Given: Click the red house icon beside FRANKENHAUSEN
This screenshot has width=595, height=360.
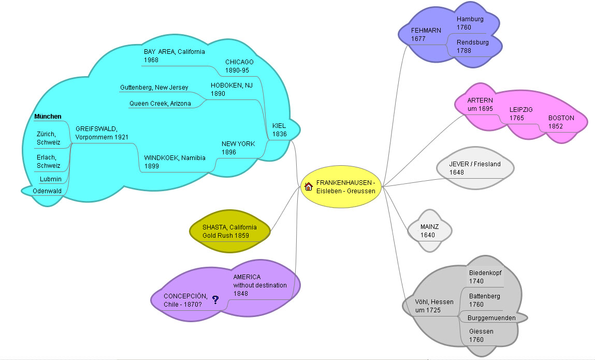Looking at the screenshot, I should (308, 186).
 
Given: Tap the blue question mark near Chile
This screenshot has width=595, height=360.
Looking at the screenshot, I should (215, 299).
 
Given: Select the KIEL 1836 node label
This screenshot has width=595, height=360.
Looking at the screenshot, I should (279, 129).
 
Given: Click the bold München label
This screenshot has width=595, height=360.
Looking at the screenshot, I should (48, 117).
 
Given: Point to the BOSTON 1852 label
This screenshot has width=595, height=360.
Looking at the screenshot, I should (561, 122).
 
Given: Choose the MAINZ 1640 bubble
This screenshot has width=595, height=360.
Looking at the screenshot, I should (429, 231).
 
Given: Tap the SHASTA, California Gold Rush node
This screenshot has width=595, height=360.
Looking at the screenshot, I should (229, 232).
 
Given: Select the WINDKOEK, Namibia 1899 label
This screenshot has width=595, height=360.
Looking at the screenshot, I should (175, 162).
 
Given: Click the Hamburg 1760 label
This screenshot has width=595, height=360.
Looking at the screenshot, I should (470, 23).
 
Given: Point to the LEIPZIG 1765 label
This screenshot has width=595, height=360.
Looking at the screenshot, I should (520, 113).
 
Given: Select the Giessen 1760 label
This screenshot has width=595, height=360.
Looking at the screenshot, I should (481, 335).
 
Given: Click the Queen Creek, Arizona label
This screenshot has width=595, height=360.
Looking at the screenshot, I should (160, 104).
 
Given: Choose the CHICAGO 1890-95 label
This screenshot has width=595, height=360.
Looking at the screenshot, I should (239, 66).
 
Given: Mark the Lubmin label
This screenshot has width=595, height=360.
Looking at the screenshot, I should (51, 179).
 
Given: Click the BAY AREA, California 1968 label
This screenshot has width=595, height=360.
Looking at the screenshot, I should (174, 55).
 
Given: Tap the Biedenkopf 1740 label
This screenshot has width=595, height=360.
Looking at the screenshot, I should (485, 277).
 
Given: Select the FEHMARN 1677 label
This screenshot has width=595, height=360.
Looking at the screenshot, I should (426, 34).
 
